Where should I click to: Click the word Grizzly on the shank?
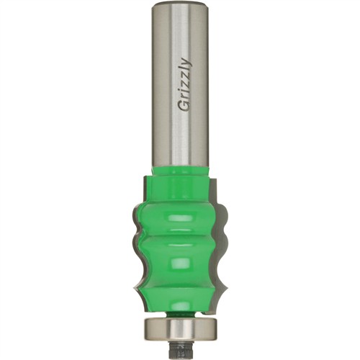(x=186, y=85)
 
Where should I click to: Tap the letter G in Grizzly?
(x=184, y=107)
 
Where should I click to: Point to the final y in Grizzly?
(x=188, y=62)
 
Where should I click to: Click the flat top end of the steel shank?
(x=180, y=4)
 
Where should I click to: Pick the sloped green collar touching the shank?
(x=180, y=171)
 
